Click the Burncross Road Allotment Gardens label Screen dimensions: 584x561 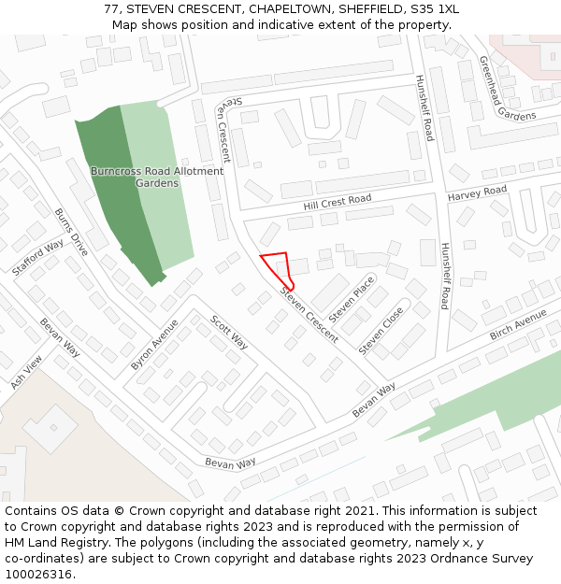coord(157,177)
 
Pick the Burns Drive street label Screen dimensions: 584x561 coord(71,233)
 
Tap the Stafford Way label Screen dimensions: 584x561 coord(38,257)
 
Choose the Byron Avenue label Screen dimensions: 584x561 coord(154,345)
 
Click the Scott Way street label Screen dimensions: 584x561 coord(228,332)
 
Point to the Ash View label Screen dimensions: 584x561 coord(27,372)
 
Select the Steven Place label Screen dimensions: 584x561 coord(352,299)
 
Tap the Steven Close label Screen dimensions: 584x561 coord(381,330)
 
